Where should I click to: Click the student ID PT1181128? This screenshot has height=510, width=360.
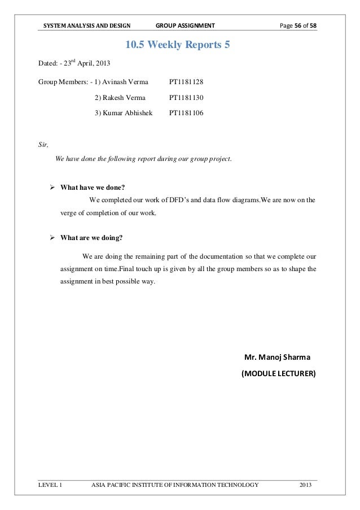pos(186,82)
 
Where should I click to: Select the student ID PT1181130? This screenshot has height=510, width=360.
pos(186,98)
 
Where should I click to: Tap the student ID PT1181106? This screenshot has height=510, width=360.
pos(186,113)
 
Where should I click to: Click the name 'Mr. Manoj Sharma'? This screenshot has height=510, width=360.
pos(276,358)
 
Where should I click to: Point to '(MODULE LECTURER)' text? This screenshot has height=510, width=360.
pos(279,373)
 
